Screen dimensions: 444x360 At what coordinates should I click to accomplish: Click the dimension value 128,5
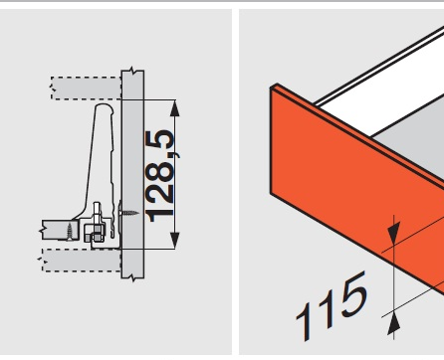[160, 176]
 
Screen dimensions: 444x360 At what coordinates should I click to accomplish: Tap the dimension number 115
[332, 305]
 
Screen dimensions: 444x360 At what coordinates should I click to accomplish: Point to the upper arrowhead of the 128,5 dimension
[175, 108]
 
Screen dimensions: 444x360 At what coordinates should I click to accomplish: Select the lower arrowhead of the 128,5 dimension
[175, 241]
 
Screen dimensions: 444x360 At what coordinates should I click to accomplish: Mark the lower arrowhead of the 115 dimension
[394, 323]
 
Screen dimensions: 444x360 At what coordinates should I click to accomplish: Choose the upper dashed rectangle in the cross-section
[86, 89]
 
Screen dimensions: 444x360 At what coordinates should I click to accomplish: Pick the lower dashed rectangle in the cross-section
[82, 261]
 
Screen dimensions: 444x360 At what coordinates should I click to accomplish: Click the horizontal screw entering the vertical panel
[128, 213]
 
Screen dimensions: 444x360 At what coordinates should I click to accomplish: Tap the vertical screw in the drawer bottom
[70, 231]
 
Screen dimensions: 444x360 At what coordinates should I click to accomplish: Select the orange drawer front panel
[356, 189]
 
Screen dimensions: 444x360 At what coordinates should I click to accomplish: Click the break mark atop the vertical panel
[132, 71]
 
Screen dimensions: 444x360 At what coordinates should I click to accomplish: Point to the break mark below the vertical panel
[132, 278]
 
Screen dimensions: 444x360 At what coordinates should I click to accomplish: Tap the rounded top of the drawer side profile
[105, 107]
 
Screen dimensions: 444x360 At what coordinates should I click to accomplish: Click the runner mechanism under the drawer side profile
[97, 226]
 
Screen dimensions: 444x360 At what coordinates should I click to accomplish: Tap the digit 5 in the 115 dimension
[353, 293]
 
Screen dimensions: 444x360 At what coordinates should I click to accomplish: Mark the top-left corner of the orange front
[270, 89]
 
